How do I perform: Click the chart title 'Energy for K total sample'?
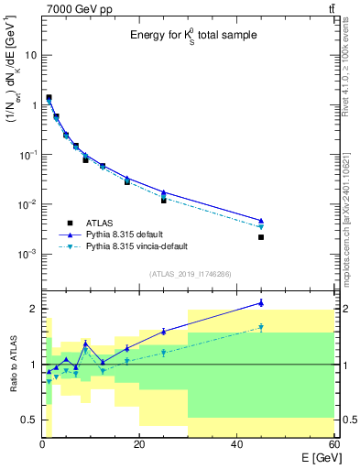coord(191,36)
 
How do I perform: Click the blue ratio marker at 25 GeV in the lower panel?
coord(164,332)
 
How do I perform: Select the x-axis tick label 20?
coord(139,445)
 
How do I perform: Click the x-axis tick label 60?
coord(333,445)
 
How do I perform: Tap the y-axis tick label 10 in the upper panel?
coord(31,55)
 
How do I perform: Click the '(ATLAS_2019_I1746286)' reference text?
coord(191,273)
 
